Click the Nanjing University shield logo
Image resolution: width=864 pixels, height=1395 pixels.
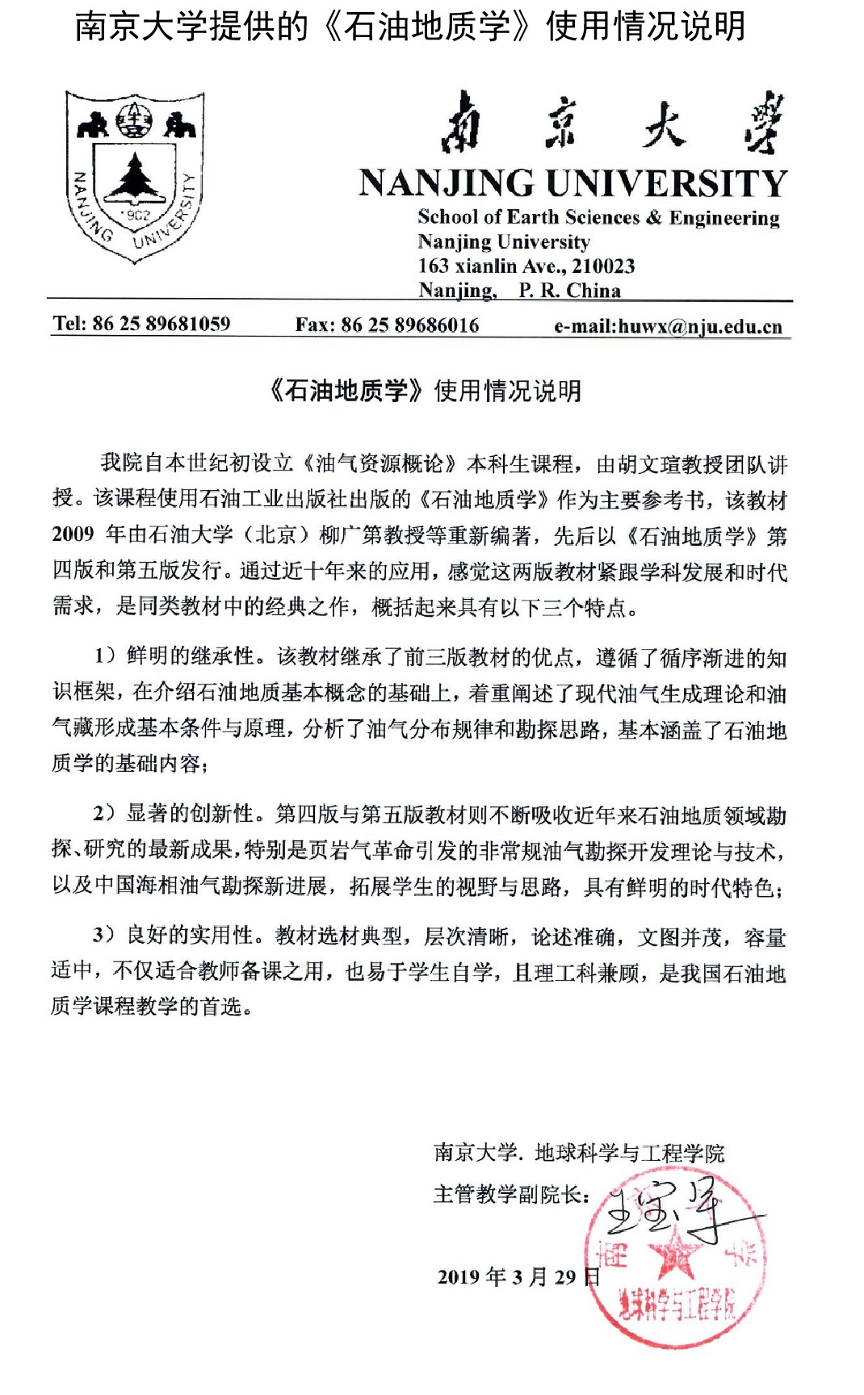(x=135, y=177)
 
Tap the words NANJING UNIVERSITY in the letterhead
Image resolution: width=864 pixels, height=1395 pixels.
(x=573, y=183)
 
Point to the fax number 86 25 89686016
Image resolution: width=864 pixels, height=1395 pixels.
(x=410, y=325)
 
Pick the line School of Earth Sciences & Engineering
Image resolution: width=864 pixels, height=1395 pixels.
(x=598, y=217)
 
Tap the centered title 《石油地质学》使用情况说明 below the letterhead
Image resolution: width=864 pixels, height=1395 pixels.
(x=426, y=391)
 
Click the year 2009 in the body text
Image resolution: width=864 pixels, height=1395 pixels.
(x=73, y=534)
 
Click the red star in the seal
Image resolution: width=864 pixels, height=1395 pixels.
(x=675, y=1258)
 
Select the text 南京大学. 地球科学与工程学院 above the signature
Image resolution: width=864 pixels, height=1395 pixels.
(x=579, y=1153)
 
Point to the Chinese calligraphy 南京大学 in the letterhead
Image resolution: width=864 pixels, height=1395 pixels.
(x=612, y=124)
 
